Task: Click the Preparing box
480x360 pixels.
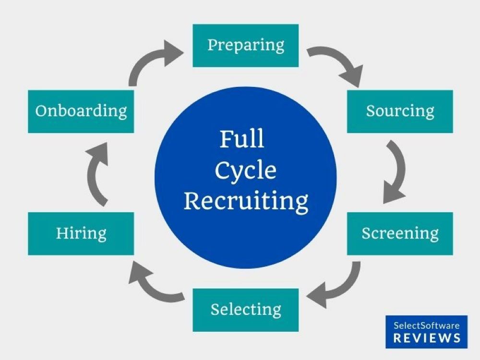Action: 245,46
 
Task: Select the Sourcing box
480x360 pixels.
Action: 400,111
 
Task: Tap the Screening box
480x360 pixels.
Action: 400,234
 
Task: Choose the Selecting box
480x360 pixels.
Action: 245,310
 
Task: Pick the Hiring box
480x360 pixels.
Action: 81,234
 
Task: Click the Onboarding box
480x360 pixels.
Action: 81,111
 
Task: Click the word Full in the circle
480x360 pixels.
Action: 242,139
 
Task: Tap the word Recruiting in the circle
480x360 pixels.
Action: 246,201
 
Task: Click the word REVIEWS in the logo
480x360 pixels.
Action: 427,338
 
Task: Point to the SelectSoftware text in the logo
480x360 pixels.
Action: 426,325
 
